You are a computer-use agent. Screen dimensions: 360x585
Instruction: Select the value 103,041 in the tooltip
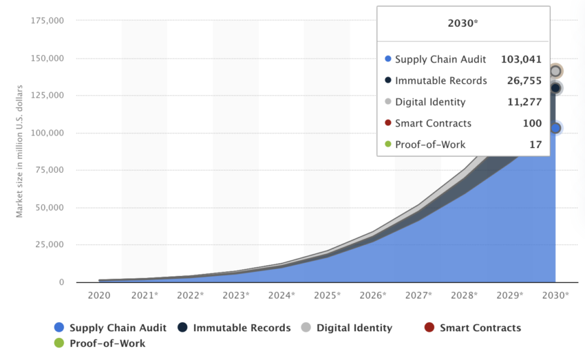521,59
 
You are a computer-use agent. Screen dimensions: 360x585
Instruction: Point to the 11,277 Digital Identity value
526,102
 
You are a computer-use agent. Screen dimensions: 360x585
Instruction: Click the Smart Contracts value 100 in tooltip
532,123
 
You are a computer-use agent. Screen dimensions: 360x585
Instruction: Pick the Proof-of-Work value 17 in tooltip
535,145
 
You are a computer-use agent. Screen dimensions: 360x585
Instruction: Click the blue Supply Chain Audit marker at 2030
555,128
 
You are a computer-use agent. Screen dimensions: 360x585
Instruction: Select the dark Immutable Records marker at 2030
555,88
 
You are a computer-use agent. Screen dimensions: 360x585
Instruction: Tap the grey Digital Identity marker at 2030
555,72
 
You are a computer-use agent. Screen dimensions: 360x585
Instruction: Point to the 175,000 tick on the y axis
47,21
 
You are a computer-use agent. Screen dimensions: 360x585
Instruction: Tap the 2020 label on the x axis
99,295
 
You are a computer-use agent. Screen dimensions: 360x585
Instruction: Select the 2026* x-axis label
372,295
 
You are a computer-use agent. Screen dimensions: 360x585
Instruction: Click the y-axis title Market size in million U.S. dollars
20,151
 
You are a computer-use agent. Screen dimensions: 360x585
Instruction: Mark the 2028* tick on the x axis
464,295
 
